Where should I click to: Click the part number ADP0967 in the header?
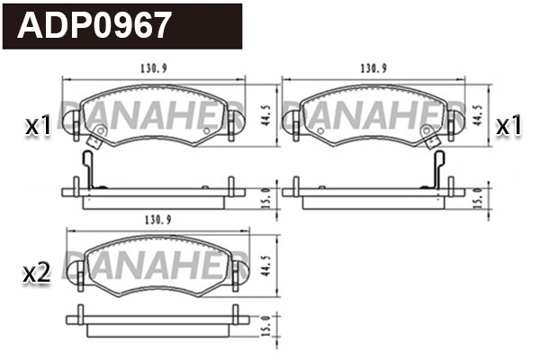pos(94,24)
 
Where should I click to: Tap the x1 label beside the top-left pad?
pos(38,126)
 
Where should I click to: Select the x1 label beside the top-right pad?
pos(509,126)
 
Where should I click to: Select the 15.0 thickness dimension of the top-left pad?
pos(265,195)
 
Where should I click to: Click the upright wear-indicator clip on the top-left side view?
pos(86,169)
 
